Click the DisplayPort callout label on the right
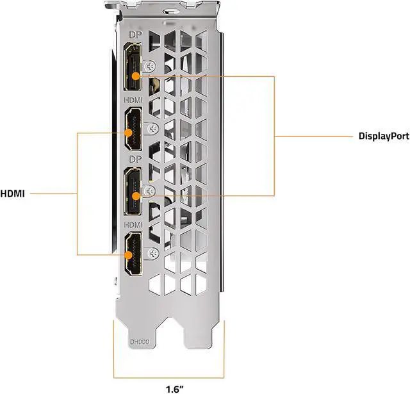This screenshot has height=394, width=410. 383,136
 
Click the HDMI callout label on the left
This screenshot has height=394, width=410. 13,193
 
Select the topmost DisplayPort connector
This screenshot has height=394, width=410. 134,67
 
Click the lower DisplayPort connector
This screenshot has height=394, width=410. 134,190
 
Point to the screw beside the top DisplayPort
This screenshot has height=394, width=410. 149,66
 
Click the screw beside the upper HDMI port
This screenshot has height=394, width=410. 151,128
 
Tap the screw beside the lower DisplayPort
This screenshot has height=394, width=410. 150,190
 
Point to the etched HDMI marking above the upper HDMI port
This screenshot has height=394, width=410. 133,99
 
